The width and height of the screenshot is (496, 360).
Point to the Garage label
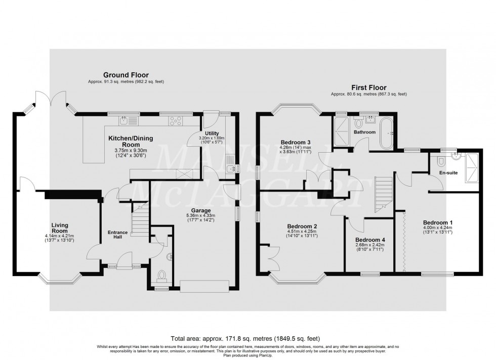(x=201, y=210)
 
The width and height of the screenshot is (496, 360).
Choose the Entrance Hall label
(x=118, y=235)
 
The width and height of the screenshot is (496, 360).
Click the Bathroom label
(x=364, y=132)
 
